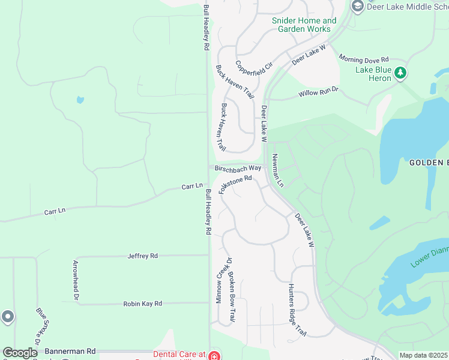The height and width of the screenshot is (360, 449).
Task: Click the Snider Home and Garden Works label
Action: [304, 25]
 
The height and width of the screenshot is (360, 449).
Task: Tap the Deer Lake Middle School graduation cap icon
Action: [358, 7]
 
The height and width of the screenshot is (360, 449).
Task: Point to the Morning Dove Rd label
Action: [364, 59]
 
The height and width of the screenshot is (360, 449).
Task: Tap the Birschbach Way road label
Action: [238, 168]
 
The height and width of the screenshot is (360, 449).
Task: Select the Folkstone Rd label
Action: [235, 184]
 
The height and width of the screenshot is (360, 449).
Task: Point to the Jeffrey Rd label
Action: [142, 256]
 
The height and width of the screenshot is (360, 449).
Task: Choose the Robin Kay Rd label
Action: [143, 304]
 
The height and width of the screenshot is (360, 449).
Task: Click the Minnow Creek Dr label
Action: [220, 283]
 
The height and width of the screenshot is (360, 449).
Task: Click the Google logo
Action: [20, 353]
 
